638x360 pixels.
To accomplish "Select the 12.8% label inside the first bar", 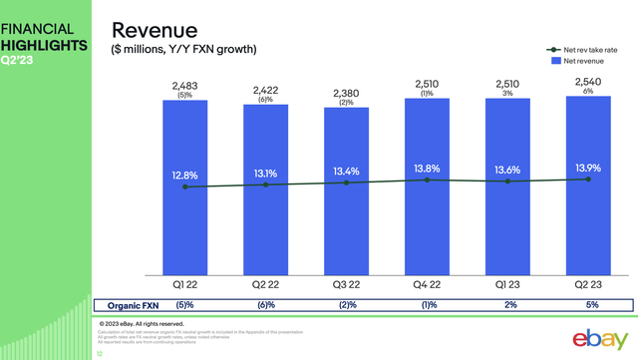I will tap(184, 176).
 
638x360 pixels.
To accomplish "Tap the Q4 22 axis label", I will tap(426, 286).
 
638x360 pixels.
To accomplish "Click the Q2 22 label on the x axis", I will tap(265, 286).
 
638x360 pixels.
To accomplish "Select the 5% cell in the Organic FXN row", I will tap(586, 306).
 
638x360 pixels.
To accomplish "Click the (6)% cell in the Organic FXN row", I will tap(265, 306).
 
